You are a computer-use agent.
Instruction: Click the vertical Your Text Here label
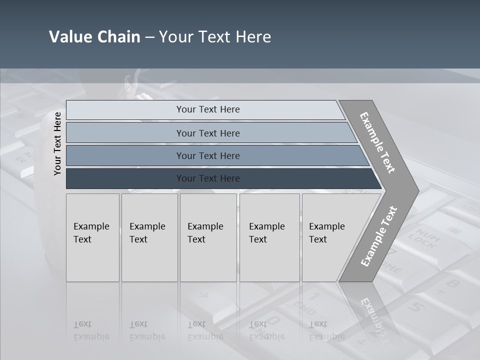pos(57,143)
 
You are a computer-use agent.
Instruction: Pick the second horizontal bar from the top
pos(207,133)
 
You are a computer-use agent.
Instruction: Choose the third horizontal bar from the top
pos(207,155)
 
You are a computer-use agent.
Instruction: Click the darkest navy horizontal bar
pos(207,178)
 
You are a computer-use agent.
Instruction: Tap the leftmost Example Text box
pos(92,237)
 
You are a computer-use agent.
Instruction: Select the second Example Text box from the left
pos(149,237)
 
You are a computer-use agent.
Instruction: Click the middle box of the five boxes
pos(208,237)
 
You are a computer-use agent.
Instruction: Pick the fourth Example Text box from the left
pos(269,237)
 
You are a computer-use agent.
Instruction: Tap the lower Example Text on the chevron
pos(379,236)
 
